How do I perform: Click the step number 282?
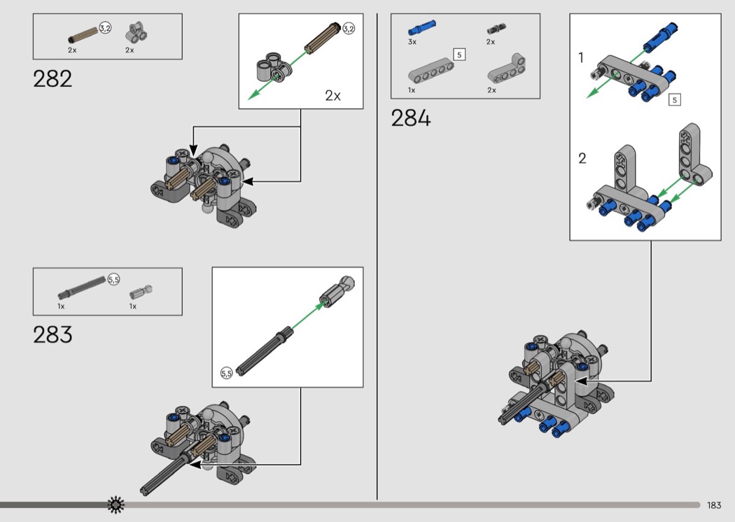tap(52, 79)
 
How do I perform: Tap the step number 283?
tap(52, 334)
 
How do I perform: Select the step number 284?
tap(411, 118)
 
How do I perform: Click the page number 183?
tap(714, 505)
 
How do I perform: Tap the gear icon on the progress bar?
tap(115, 505)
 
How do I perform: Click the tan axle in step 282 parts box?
tap(83, 36)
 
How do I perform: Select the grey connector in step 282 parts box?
tap(136, 33)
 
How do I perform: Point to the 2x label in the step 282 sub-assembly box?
tap(332, 96)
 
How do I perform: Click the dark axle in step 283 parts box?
tap(82, 288)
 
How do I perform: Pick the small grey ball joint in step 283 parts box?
tap(141, 292)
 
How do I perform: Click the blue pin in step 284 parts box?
tap(422, 28)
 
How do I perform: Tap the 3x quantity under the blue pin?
tap(412, 42)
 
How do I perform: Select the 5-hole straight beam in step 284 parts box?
tap(430, 71)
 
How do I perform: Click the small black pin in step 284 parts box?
tap(496, 29)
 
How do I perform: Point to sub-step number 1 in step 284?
tap(581, 57)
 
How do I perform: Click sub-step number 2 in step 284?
tap(582, 158)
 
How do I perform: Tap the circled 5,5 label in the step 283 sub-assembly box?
tap(226, 373)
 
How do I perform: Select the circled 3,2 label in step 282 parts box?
tap(105, 28)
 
